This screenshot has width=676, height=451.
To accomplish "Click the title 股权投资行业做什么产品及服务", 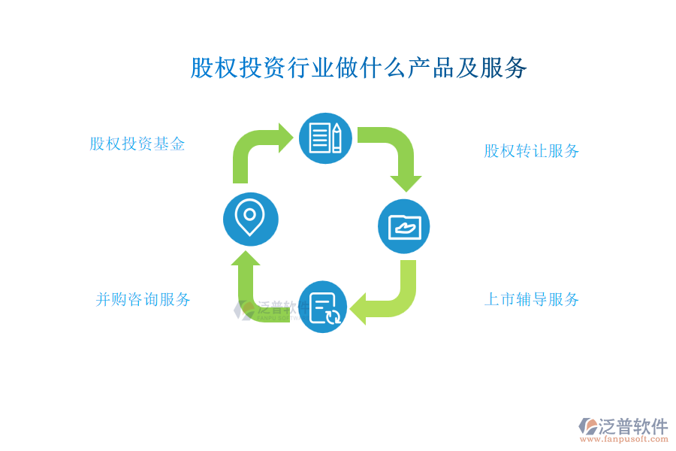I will point(358,68).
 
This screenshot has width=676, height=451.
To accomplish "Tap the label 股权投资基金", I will point(137,144).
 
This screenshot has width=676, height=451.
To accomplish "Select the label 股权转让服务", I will point(531,151).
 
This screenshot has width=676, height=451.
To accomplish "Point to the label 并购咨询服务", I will point(143,300).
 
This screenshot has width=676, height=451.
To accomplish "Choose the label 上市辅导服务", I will point(531,300).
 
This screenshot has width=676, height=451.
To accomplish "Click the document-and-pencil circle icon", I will point(325,138).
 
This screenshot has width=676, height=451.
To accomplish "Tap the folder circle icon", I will point(404,226).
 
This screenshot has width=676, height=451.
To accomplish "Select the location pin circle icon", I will point(250,219).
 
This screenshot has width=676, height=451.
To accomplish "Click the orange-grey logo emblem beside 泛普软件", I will point(588,427).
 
